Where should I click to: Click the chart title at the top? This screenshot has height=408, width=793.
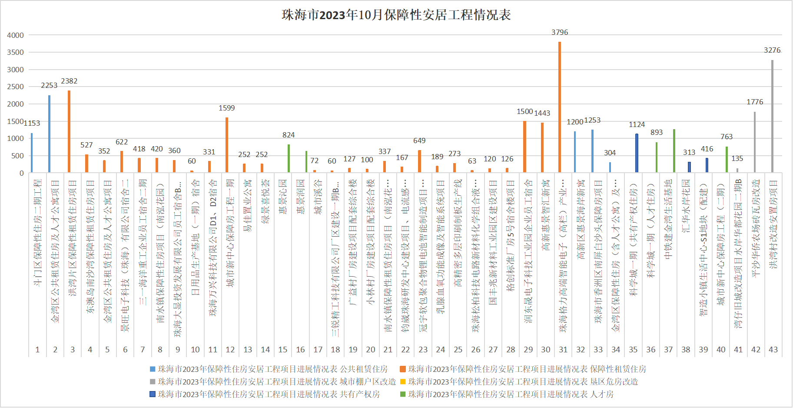(x=396, y=15)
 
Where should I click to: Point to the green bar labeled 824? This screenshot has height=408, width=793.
(x=289, y=158)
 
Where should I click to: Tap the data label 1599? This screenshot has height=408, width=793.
(x=226, y=108)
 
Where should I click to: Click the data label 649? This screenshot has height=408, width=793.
(x=419, y=140)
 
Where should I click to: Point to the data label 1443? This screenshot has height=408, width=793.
(x=542, y=113)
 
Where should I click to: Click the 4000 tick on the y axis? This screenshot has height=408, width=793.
(x=16, y=35)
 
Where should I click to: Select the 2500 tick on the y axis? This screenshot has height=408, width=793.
(x=16, y=87)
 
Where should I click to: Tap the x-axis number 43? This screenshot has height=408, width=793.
(x=773, y=350)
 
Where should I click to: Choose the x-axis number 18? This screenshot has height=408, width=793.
(x=335, y=350)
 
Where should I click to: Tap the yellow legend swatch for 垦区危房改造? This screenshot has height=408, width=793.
(x=403, y=382)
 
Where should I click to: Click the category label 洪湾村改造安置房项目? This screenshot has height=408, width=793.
(x=773, y=224)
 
